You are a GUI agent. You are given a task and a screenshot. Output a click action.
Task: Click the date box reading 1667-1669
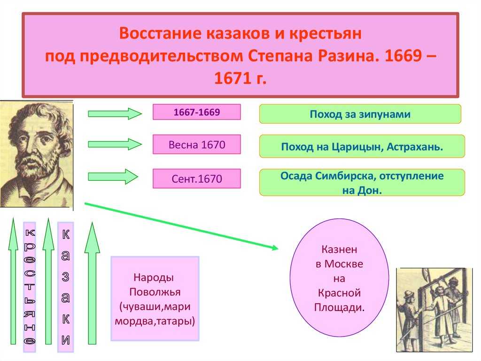(x=197, y=112)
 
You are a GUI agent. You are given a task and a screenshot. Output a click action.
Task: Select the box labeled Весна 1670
(x=197, y=144)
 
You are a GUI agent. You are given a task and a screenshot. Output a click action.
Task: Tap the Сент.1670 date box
(x=197, y=178)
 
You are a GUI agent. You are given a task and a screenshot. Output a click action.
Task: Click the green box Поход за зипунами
(x=360, y=114)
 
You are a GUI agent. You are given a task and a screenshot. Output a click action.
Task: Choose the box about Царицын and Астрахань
(x=362, y=146)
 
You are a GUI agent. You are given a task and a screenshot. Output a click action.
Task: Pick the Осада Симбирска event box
(x=362, y=182)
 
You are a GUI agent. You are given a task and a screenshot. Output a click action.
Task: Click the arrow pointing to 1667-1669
(x=115, y=114)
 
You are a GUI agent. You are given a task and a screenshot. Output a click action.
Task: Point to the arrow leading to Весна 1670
(x=115, y=144)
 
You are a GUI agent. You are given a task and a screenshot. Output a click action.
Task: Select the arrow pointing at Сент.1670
(x=113, y=177)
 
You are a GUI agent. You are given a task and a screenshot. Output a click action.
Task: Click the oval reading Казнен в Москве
(x=339, y=278)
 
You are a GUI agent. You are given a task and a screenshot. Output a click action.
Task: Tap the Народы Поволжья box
(x=155, y=298)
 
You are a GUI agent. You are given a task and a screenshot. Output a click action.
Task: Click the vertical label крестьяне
(x=30, y=287)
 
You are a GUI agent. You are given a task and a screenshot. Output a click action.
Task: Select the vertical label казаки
(x=66, y=287)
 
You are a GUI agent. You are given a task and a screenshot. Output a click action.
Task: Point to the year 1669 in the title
(x=403, y=56)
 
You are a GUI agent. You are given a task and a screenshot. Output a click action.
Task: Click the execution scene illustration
(x=434, y=310)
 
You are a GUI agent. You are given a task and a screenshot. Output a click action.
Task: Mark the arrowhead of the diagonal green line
(x=275, y=248)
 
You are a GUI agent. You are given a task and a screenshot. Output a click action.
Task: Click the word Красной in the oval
(x=339, y=293)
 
